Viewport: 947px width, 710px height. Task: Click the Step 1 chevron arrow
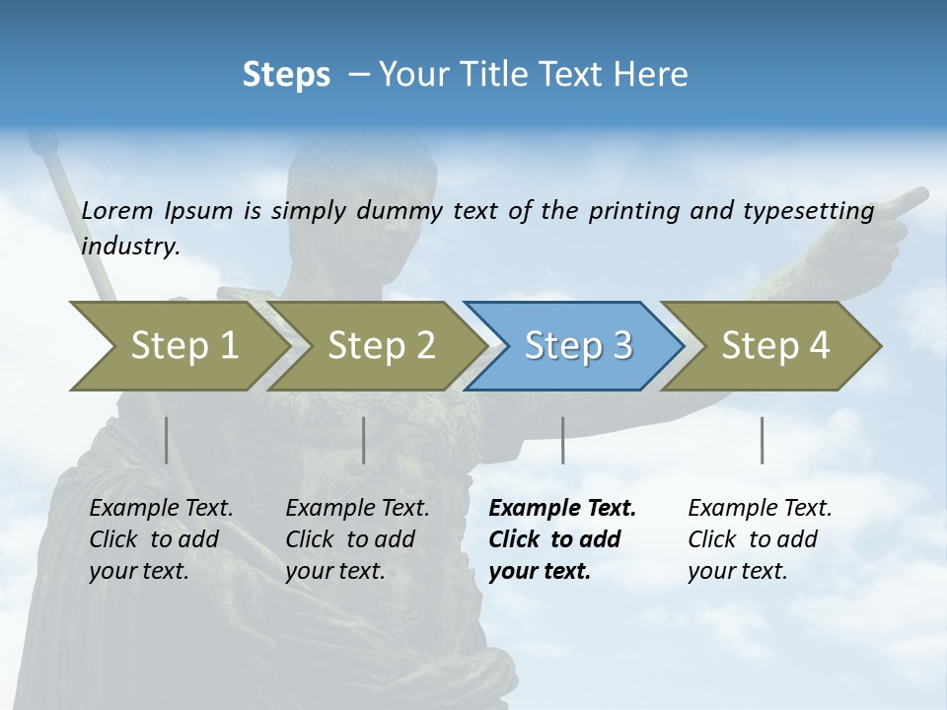[x=178, y=346]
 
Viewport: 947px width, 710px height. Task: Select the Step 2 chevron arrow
[x=375, y=346]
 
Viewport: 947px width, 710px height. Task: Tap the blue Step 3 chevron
[x=572, y=346]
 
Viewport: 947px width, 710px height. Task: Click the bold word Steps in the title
[x=286, y=75]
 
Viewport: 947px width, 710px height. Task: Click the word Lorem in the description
[x=117, y=210]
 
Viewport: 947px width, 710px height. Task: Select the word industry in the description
[x=129, y=246]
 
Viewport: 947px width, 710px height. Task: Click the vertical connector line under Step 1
[x=166, y=440]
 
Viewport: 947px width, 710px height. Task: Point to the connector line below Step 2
[x=364, y=440]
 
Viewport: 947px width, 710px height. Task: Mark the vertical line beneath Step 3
[x=562, y=440]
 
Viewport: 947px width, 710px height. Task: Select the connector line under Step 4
[x=762, y=440]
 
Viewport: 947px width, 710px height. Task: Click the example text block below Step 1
[x=160, y=539]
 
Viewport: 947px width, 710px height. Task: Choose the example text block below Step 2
[x=357, y=539]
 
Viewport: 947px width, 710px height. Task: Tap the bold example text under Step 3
[x=561, y=539]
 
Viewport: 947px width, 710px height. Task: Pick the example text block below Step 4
[x=759, y=539]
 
